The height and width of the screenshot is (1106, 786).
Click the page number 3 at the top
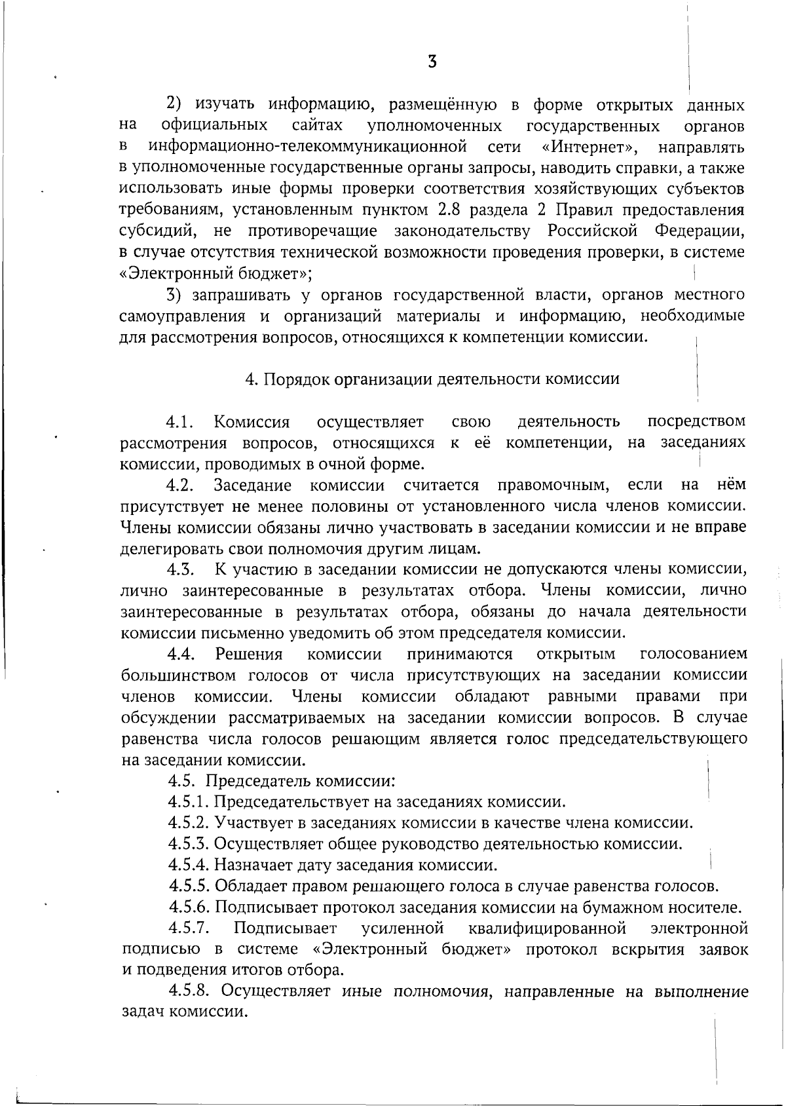click(x=432, y=62)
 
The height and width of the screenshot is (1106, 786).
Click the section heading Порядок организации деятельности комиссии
click(x=432, y=379)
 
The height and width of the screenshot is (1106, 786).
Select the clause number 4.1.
click(x=181, y=421)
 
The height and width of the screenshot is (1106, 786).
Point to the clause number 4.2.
click(x=181, y=486)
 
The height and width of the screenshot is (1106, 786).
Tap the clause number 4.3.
click(x=181, y=570)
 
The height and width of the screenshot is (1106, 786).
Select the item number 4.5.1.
click(x=188, y=802)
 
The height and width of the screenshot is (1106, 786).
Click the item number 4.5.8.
click(x=189, y=991)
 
